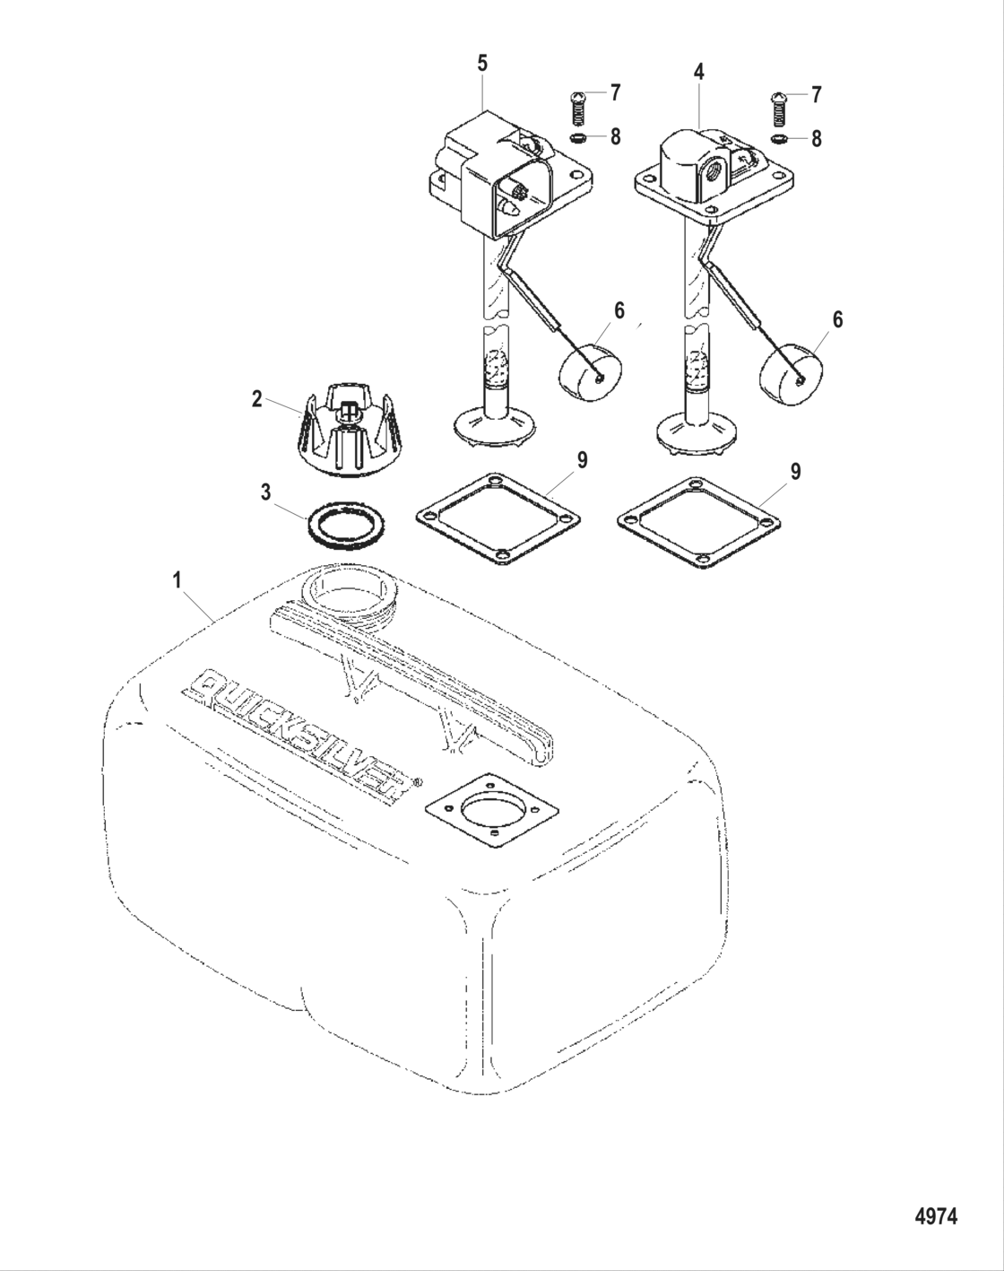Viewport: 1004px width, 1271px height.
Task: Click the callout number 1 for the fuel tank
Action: pos(177,580)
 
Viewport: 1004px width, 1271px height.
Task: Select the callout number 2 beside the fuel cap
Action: pos(257,399)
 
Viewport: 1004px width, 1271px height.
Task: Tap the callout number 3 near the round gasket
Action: pos(266,492)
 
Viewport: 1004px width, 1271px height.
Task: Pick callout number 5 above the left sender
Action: pos(482,63)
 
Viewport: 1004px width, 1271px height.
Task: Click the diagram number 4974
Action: pos(937,1216)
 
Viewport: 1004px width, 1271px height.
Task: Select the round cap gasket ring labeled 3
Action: pos(345,524)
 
